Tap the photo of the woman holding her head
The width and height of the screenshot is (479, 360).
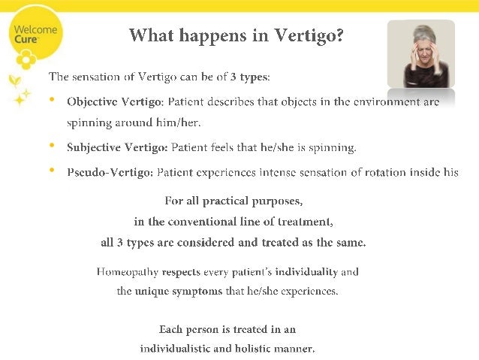pos(420,54)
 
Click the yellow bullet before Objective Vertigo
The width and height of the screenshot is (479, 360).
pos(51,100)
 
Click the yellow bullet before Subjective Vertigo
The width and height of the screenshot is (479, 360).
pos(51,145)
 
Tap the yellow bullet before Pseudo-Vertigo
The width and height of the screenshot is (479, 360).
pos(51,171)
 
